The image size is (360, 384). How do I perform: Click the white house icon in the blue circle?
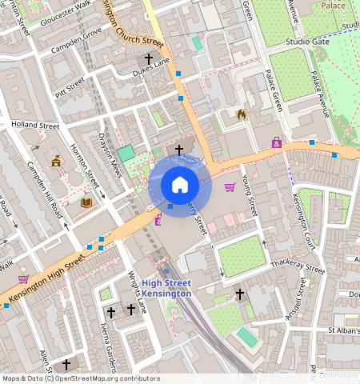pos(180,185)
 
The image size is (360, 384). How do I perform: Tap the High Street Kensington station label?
pos(166,288)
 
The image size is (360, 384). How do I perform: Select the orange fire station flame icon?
pos(242,115)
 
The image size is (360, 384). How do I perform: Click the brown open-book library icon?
pos(86,203)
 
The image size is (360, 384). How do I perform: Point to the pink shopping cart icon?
pos(230,187)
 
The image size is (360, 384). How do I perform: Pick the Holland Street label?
pos(35,126)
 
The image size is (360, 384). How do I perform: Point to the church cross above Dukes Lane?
pos(148,58)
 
